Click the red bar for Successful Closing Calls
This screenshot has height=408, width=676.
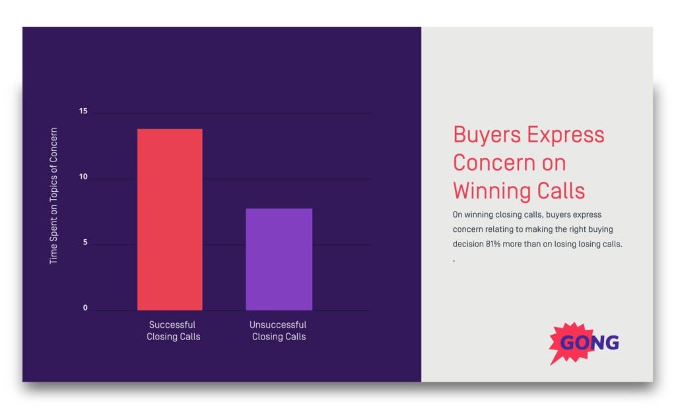[x=170, y=219]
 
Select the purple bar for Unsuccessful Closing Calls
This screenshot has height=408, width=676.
[x=279, y=259]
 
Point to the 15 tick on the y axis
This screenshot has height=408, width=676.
[x=83, y=111]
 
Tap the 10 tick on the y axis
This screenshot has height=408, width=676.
[x=83, y=177]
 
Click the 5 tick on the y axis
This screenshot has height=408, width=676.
[x=84, y=243]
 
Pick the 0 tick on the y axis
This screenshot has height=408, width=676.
[x=84, y=308]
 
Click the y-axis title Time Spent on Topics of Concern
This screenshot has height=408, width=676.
[x=54, y=196]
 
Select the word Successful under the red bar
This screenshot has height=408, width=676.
[x=172, y=325]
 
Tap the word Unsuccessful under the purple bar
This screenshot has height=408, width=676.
[x=278, y=325]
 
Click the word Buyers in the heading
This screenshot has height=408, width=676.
[x=484, y=135]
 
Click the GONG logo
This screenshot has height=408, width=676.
[x=584, y=343]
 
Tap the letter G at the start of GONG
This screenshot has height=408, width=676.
[x=568, y=343]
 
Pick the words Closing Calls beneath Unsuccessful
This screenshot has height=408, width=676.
[x=279, y=337]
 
